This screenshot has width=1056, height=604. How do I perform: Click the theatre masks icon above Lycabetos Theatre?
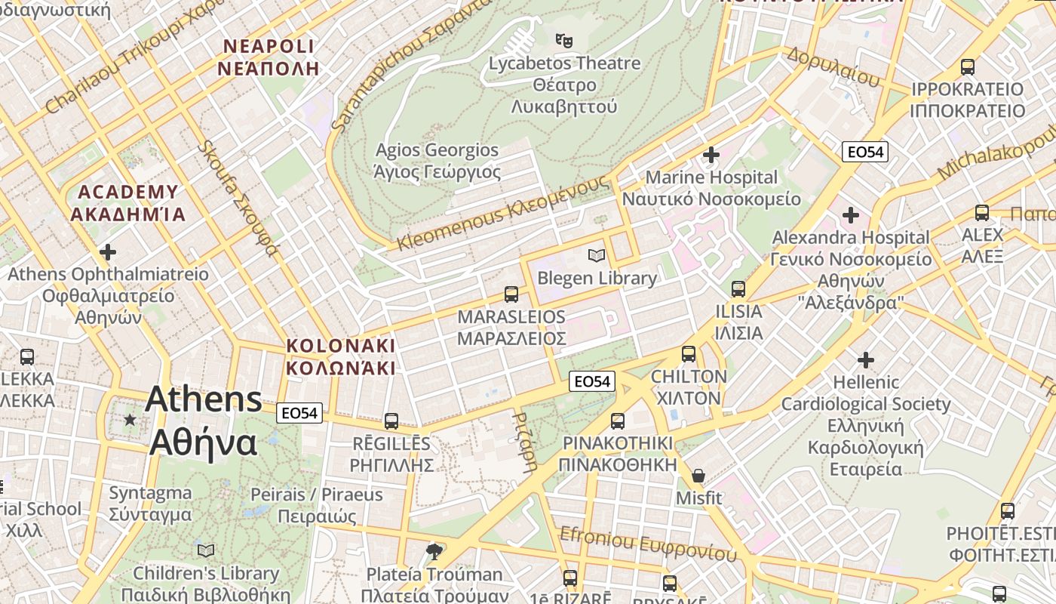pyautogui.click(x=563, y=39)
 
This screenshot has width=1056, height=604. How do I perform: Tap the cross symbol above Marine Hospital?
pyautogui.click(x=711, y=156)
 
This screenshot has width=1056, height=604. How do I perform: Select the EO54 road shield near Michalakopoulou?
pyautogui.click(x=864, y=152)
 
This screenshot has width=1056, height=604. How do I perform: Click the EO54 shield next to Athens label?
pyautogui.click(x=299, y=413)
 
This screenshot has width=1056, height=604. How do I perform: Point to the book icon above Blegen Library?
pyautogui.click(x=597, y=256)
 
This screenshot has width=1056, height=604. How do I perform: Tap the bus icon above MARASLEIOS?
pyautogui.click(x=511, y=294)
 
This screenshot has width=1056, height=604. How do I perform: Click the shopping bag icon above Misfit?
pyautogui.click(x=698, y=476)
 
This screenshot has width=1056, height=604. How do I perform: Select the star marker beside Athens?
pyautogui.click(x=130, y=419)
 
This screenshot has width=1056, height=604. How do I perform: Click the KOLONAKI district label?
pyautogui.click(x=340, y=357)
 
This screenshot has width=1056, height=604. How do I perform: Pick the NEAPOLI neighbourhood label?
pyautogui.click(x=269, y=57)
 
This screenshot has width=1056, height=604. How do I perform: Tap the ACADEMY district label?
pyautogui.click(x=127, y=203)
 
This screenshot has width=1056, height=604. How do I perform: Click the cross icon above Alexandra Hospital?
pyautogui.click(x=851, y=216)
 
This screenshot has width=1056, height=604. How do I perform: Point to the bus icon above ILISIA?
pyautogui.click(x=738, y=289)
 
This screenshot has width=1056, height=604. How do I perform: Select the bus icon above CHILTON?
pyautogui.click(x=689, y=354)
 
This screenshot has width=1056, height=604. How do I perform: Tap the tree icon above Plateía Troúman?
pyautogui.click(x=434, y=552)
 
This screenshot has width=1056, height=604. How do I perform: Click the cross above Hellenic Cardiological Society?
pyautogui.click(x=865, y=360)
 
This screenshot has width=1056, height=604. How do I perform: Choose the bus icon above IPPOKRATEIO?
pyautogui.click(x=968, y=67)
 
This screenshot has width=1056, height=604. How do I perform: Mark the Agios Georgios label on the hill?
pyautogui.click(x=437, y=161)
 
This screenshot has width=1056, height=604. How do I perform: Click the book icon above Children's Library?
pyautogui.click(x=206, y=550)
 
